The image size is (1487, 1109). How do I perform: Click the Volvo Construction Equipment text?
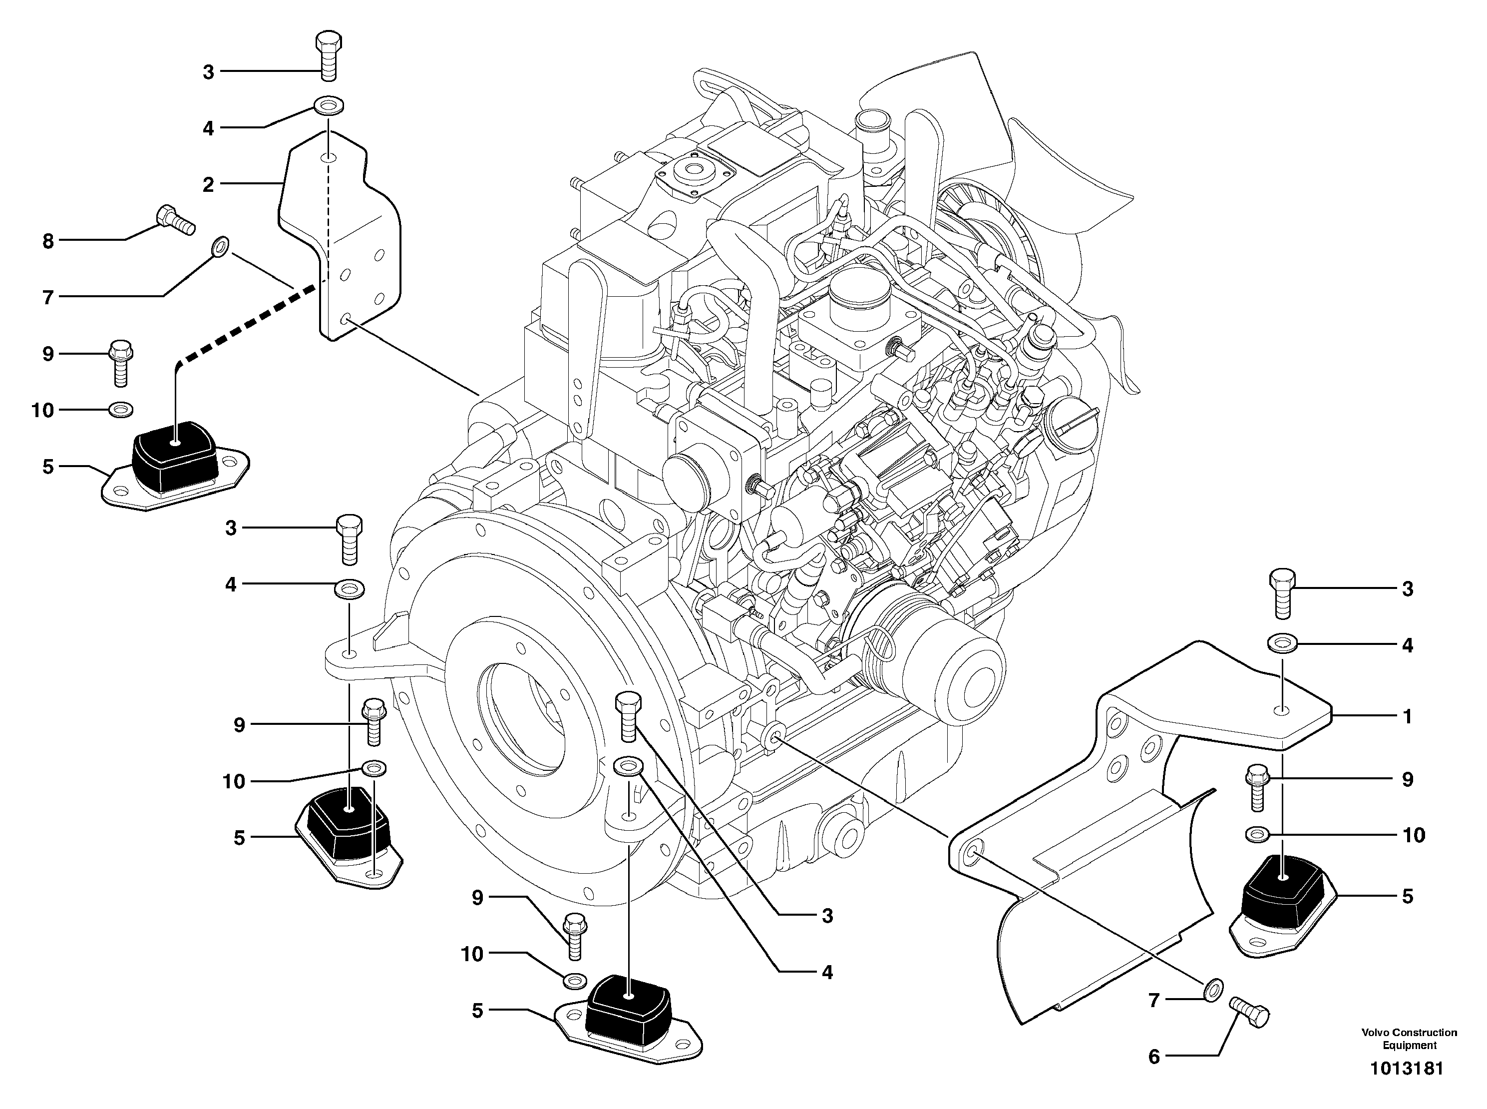(x=1409, y=1039)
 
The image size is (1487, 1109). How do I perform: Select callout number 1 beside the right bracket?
(x=1407, y=716)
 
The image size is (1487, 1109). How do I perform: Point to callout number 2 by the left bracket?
(x=209, y=184)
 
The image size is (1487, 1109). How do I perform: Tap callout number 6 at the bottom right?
(x=1153, y=1057)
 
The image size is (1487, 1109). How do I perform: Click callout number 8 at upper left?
(x=47, y=240)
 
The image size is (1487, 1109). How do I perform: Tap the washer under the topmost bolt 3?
(x=328, y=105)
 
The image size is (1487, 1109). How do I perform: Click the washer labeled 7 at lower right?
(x=1212, y=990)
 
